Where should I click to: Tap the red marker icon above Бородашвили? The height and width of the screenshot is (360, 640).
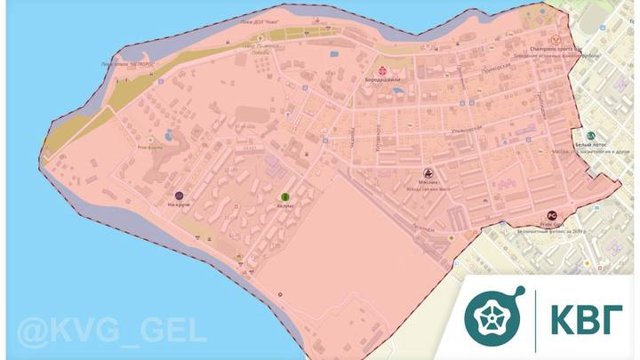click(383, 70)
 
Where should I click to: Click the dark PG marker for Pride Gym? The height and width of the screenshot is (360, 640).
click(551, 215)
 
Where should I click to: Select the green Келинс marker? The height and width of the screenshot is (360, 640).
click(284, 196)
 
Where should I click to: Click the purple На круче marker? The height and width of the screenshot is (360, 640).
click(179, 194)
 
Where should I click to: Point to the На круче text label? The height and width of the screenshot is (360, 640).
click(179, 204)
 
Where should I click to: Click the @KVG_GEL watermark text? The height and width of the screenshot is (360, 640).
click(104, 331)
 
